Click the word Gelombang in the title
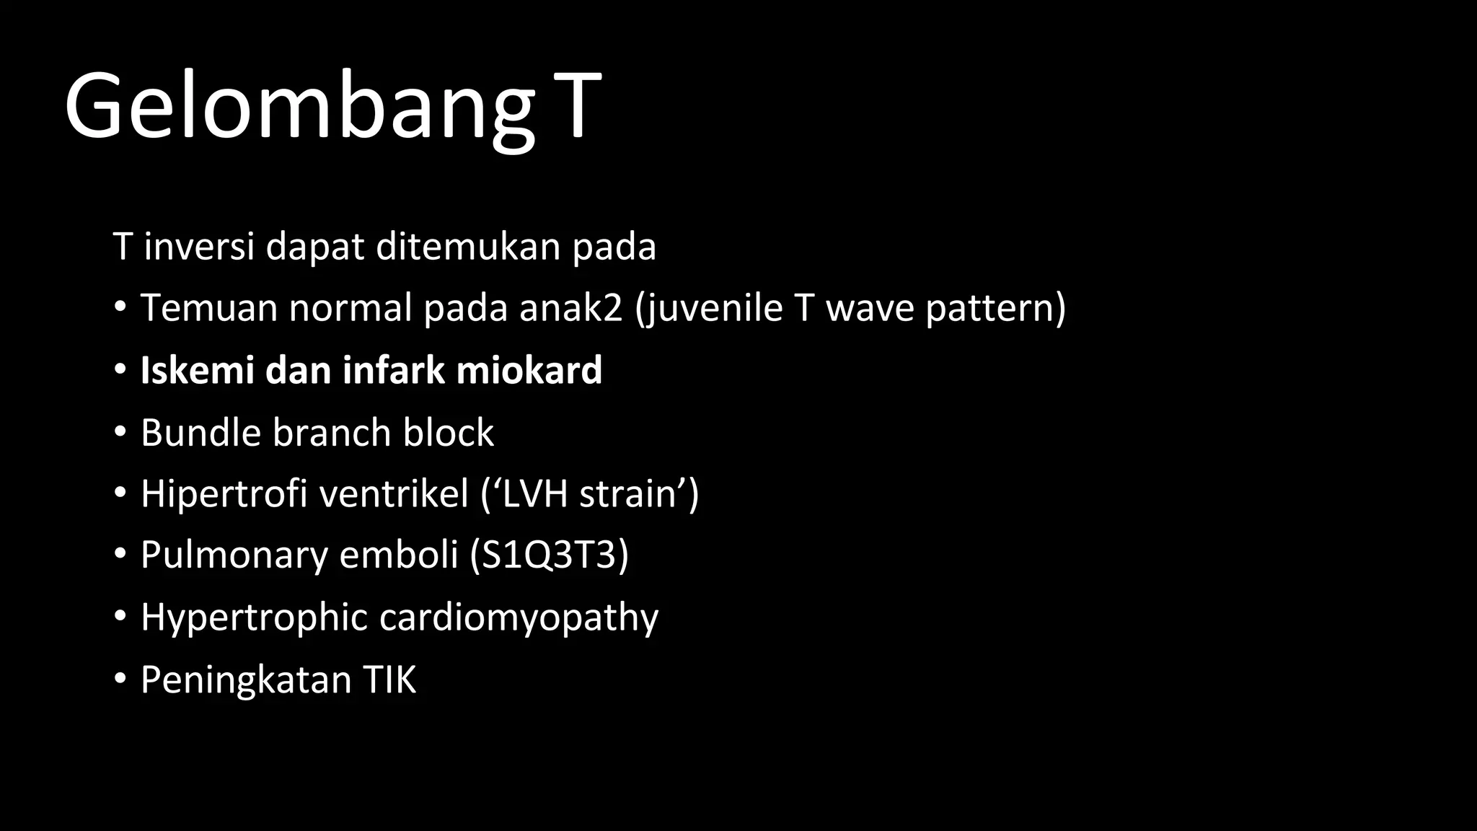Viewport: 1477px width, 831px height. [299, 107]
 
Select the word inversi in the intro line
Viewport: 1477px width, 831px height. [199, 247]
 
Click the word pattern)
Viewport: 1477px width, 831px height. [995, 309]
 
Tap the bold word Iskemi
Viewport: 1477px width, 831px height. [197, 370]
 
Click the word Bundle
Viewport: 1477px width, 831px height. [200, 433]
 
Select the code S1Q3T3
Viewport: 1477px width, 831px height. [549, 555]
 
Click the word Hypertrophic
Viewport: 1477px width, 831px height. [254, 618]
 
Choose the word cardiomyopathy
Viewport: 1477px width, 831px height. [519, 618]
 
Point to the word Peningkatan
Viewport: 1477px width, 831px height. [245, 680]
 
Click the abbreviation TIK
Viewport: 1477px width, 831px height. [389, 680]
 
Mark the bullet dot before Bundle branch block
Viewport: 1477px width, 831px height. [120, 433]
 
